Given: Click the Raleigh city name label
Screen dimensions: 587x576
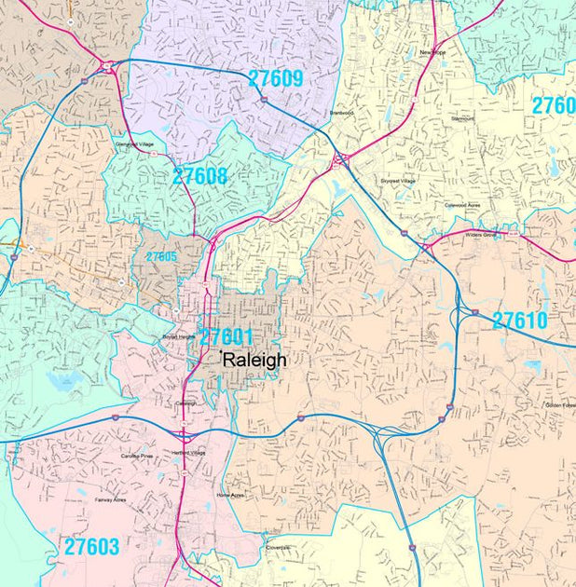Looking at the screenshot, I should pyautogui.click(x=254, y=360).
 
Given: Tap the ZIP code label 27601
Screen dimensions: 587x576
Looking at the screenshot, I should pyautogui.click(x=226, y=336).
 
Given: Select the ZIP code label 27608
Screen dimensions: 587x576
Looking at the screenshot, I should pyautogui.click(x=199, y=176).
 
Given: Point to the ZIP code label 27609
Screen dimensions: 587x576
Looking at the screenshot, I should pyautogui.click(x=276, y=79).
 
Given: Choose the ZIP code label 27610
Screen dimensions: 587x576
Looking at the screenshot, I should pyautogui.click(x=532, y=321).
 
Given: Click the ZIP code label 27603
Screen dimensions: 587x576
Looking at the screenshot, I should pyautogui.click(x=92, y=547).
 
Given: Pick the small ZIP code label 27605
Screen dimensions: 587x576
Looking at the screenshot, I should pyautogui.click(x=161, y=256).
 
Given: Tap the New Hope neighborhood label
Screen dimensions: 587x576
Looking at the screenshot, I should pyautogui.click(x=434, y=54).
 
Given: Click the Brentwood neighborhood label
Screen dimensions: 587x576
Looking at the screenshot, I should pyautogui.click(x=342, y=113).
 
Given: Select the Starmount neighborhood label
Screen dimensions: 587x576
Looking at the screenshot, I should pyautogui.click(x=462, y=119).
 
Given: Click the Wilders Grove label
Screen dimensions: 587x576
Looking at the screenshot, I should pyautogui.click(x=478, y=235).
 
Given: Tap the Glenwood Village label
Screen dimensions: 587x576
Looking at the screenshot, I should pyautogui.click(x=133, y=144).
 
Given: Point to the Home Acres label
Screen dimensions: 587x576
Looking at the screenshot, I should pyautogui.click(x=230, y=495).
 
